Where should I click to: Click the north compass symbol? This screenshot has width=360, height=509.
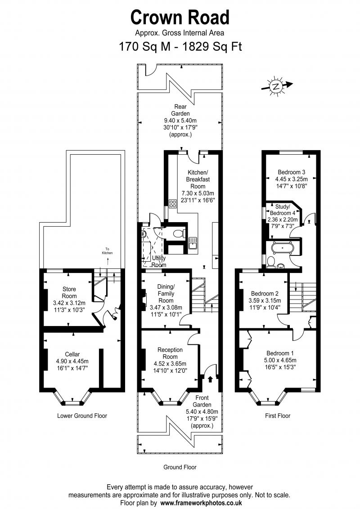(x=276, y=86)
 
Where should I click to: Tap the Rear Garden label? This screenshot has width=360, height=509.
(x=180, y=110)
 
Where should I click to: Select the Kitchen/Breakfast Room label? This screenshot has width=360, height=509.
(x=198, y=179)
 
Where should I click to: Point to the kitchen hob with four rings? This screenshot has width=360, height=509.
(x=172, y=204)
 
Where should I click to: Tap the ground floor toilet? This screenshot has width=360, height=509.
(x=179, y=233)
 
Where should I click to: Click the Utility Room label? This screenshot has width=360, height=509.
(x=159, y=261)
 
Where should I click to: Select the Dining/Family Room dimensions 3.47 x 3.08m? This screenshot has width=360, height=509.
(x=166, y=308)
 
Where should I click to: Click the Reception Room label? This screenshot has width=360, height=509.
(x=170, y=353)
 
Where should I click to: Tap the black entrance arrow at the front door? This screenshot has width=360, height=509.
(x=210, y=379)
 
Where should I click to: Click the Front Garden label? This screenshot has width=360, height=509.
(x=202, y=401)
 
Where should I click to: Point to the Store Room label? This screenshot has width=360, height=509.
(x=69, y=292)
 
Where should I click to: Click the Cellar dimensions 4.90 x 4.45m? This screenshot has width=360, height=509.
(x=72, y=362)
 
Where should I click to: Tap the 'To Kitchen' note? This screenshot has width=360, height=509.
(x=107, y=251)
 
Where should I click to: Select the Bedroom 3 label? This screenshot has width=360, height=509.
(x=292, y=172)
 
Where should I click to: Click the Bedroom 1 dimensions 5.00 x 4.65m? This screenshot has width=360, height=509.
(x=280, y=360)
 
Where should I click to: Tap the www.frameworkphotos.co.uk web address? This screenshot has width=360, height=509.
(x=201, y=503)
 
